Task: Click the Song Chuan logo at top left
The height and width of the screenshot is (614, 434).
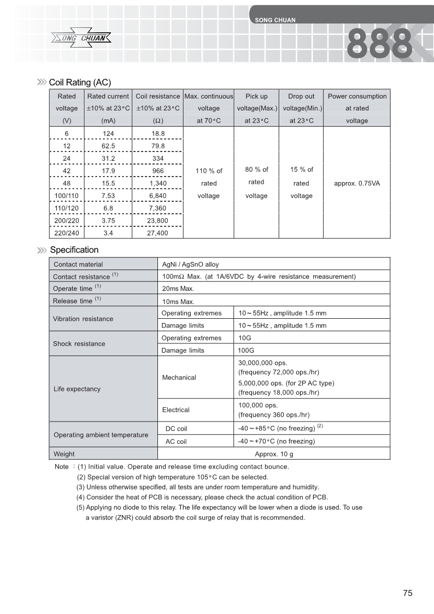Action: tap(81, 38)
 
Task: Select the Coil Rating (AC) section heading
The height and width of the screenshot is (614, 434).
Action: tap(80, 83)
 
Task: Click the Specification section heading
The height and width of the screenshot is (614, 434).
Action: tap(74, 250)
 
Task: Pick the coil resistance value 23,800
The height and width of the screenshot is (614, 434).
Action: tap(157, 221)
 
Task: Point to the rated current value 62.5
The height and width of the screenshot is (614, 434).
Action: tap(108, 146)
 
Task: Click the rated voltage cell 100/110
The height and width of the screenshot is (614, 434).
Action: tap(67, 196)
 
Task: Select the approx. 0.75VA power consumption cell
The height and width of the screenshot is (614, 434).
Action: tap(357, 183)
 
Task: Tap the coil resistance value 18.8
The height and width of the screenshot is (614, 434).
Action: tap(157, 133)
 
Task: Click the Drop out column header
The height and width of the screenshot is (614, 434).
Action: tap(301, 96)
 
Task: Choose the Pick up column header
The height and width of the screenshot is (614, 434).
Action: tap(256, 96)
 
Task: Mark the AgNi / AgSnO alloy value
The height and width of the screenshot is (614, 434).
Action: tap(191, 264)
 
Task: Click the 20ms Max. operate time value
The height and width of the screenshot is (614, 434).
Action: tap(178, 289)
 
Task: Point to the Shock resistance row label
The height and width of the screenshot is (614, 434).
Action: tap(79, 344)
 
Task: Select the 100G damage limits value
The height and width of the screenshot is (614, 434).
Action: tap(247, 350)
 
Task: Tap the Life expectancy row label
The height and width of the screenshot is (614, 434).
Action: tap(77, 389)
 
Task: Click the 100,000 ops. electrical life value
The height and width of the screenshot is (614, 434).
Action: tap(258, 405)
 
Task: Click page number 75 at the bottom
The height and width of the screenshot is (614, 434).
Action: tap(407, 593)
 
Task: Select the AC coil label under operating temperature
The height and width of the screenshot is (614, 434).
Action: tap(176, 441)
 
